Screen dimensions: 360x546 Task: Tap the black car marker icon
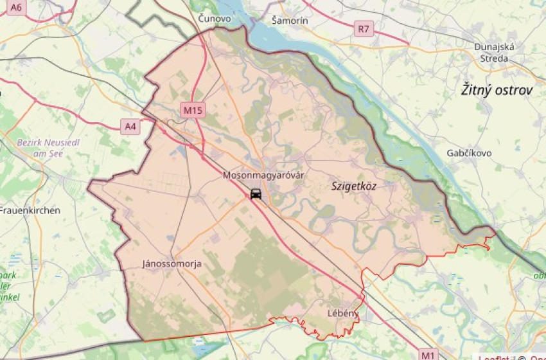(256, 194)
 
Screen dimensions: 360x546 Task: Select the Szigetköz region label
(354, 186)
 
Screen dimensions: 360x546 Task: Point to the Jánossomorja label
(172, 264)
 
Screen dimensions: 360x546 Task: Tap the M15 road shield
(193, 111)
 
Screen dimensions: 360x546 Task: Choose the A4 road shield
(130, 127)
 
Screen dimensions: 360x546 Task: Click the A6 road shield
(16, 8)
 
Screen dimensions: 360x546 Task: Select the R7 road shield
(364, 28)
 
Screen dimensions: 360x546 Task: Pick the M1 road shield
(429, 354)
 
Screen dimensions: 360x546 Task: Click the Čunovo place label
(215, 19)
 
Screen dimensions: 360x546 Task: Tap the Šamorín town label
(290, 21)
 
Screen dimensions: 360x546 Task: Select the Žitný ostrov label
(497, 90)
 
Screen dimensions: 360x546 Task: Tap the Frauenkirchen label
(30, 210)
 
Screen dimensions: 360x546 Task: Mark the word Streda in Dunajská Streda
(491, 59)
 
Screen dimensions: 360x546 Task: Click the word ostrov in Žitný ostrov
(513, 90)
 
